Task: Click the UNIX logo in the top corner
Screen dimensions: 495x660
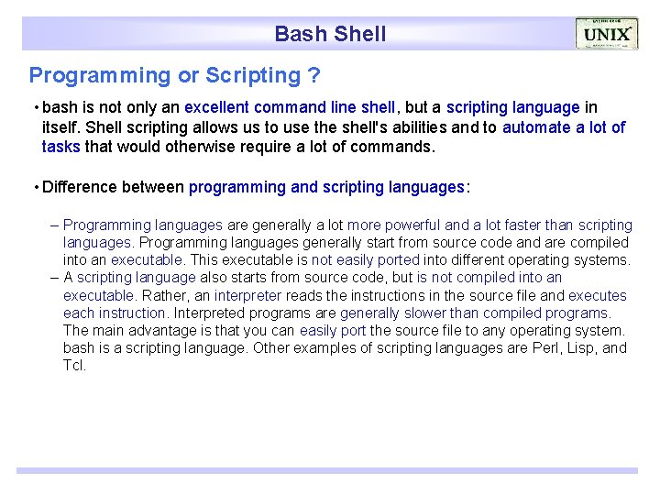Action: click(606, 34)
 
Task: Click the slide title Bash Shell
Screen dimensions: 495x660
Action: click(330, 34)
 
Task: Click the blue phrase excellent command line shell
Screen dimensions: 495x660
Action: click(290, 107)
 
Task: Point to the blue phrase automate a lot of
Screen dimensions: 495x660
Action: click(564, 127)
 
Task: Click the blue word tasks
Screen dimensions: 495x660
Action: click(61, 147)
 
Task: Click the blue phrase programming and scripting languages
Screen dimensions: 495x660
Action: click(326, 187)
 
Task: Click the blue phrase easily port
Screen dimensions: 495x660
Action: click(332, 331)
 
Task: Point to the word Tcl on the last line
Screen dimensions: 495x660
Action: click(74, 366)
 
